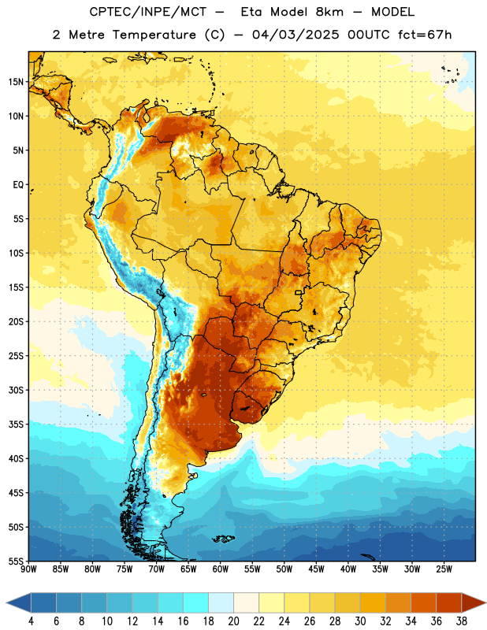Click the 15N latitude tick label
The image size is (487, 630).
pyautogui.click(x=16, y=82)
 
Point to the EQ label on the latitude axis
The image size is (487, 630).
pyautogui.click(x=18, y=185)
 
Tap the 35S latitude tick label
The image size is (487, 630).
pyautogui.click(x=16, y=424)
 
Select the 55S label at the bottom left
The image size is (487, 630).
pyautogui.click(x=16, y=561)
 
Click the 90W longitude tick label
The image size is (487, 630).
pyautogui.click(x=28, y=569)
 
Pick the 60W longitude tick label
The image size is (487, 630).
pyautogui.click(x=221, y=569)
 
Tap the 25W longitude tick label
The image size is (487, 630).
pyautogui.click(x=444, y=569)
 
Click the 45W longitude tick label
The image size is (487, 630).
pyautogui.click(x=316, y=569)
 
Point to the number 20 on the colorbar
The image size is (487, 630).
pyautogui.click(x=233, y=621)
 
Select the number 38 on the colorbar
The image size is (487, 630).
pyautogui.click(x=462, y=621)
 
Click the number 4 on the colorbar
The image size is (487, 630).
pyautogui.click(x=31, y=621)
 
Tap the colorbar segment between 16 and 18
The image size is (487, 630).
pyautogui.click(x=196, y=603)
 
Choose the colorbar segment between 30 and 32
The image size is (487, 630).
pyautogui.click(x=374, y=603)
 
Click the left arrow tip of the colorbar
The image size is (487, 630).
pyautogui.click(x=6, y=603)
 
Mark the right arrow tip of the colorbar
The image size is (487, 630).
pyautogui.click(x=486, y=603)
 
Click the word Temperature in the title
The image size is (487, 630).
pyautogui.click(x=154, y=35)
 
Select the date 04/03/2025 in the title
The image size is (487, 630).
pyautogui.click(x=296, y=35)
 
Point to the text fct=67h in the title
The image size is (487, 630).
pyautogui.click(x=425, y=35)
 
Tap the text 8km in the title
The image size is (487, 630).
pyautogui.click(x=329, y=12)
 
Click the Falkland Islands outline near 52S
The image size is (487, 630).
pyautogui.click(x=223, y=539)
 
